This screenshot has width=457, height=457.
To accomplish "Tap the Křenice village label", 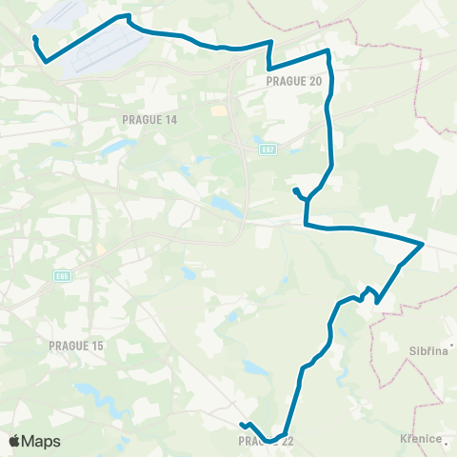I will [x=421, y=439].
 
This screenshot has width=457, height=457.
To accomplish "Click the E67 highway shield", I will [x=268, y=149].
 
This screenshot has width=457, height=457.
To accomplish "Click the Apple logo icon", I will [x=14, y=441].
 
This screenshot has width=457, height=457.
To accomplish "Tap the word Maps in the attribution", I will [x=42, y=442].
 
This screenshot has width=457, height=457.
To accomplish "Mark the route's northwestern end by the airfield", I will [x=34, y=38].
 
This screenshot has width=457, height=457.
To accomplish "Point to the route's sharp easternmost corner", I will [x=423, y=244].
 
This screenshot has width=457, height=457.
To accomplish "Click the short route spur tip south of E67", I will [x=294, y=190].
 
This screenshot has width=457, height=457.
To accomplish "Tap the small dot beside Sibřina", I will [x=454, y=346].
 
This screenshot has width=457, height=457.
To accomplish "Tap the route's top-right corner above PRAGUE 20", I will [x=328, y=50].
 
